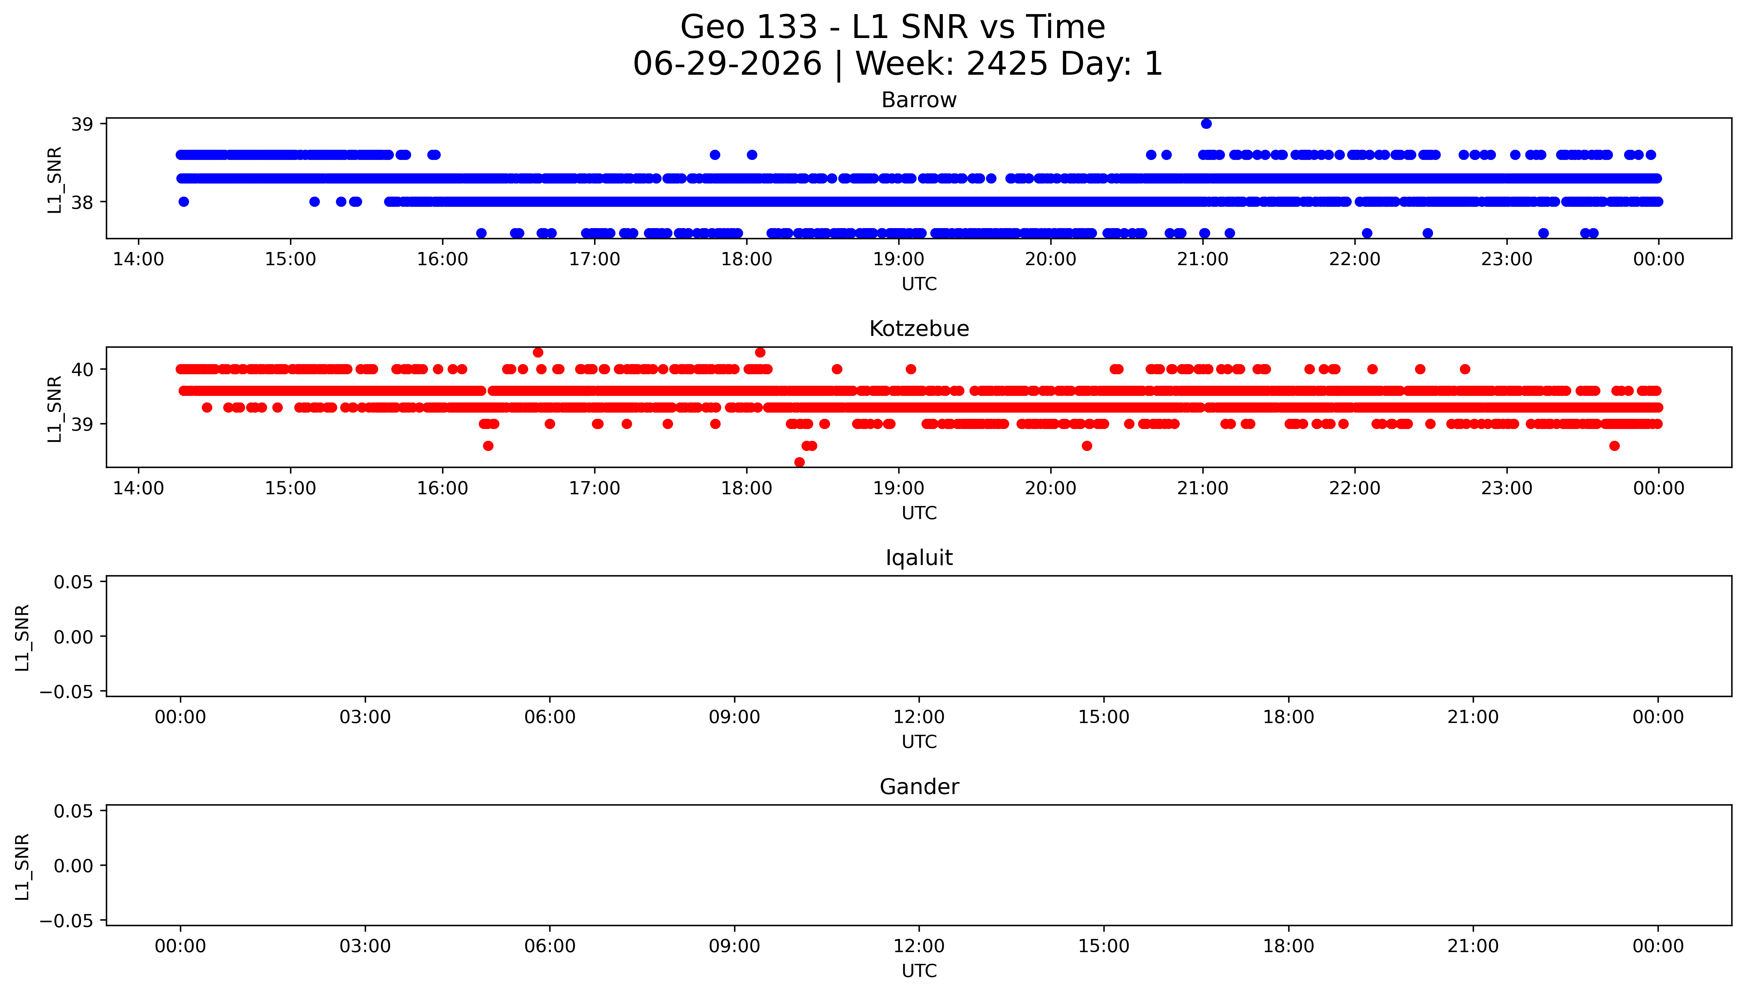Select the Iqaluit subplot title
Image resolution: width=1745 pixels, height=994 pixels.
[x=919, y=558]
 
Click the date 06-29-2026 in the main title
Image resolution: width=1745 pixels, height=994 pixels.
[x=727, y=64]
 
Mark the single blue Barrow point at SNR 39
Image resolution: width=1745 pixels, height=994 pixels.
[x=1206, y=124]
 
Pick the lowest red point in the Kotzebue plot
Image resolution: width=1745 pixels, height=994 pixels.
[x=799, y=462]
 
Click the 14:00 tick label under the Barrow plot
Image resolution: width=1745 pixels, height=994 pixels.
[x=139, y=260]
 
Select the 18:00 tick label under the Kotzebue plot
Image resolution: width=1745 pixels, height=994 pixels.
[x=746, y=488]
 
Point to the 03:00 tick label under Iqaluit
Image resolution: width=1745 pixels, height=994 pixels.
[x=365, y=717]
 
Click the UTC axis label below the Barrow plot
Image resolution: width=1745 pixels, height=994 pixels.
[x=919, y=284]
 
